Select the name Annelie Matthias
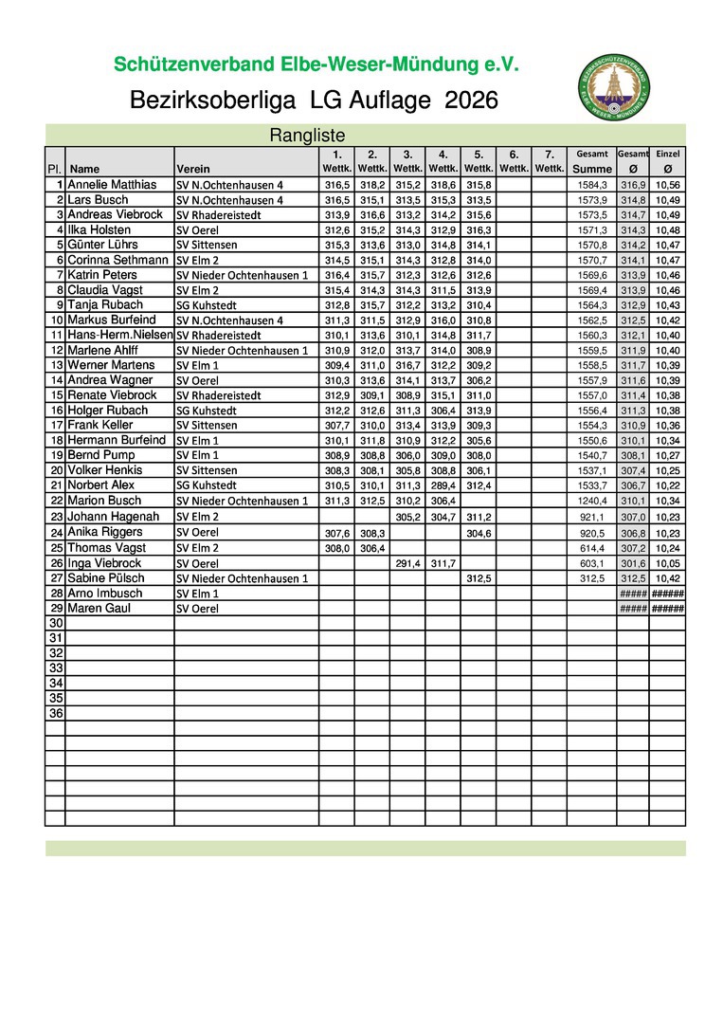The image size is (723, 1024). click(112, 185)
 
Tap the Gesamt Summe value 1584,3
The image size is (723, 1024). click(592, 185)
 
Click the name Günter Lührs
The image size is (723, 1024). click(106, 245)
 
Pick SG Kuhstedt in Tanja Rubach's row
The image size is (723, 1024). click(206, 305)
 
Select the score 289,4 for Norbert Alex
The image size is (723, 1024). click(443, 485)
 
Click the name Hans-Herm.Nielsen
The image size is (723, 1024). click(120, 336)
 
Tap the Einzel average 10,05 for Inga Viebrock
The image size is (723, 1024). click(667, 562)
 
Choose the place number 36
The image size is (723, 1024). click(56, 713)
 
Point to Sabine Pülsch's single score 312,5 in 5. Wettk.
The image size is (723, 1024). click(478, 578)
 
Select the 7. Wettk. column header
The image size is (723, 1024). click(549, 161)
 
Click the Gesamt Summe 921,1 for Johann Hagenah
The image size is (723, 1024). click(592, 517)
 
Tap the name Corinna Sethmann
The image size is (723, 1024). click(117, 260)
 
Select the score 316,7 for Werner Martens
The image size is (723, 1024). click(407, 365)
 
